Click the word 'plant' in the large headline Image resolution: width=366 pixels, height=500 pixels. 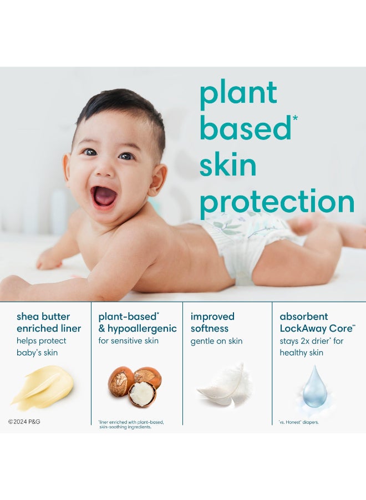pyautogui.click(x=238, y=93)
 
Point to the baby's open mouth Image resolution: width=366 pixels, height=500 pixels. pyautogui.click(x=104, y=195)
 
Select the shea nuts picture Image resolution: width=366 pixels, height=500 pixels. pyautogui.click(x=135, y=386)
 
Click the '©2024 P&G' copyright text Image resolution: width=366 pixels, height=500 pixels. pyautogui.click(x=24, y=422)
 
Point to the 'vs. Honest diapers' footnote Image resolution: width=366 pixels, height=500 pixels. pyautogui.click(x=298, y=422)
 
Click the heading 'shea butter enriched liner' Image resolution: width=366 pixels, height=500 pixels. pyautogui.click(x=49, y=323)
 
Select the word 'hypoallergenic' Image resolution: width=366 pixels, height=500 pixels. pyautogui.click(x=143, y=328)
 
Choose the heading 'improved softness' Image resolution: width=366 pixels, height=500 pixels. pyautogui.click(x=212, y=323)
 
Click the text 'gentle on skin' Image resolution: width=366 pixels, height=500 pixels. pyautogui.click(x=216, y=341)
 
